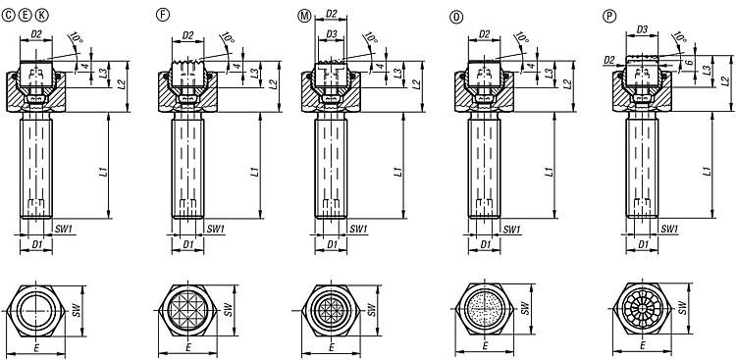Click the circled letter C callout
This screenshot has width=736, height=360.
tap(9, 17)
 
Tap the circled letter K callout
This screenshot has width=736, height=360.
tap(42, 17)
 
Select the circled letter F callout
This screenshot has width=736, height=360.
tap(162, 15)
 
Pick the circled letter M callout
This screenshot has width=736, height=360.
tap(304, 16)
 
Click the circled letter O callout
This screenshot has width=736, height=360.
tap(455, 18)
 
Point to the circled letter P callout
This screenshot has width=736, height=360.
tap(609, 17)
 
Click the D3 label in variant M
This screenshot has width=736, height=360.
tap(332, 34)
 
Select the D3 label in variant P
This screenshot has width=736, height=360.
tap(642, 29)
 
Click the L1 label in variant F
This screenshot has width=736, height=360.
tap(255, 172)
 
